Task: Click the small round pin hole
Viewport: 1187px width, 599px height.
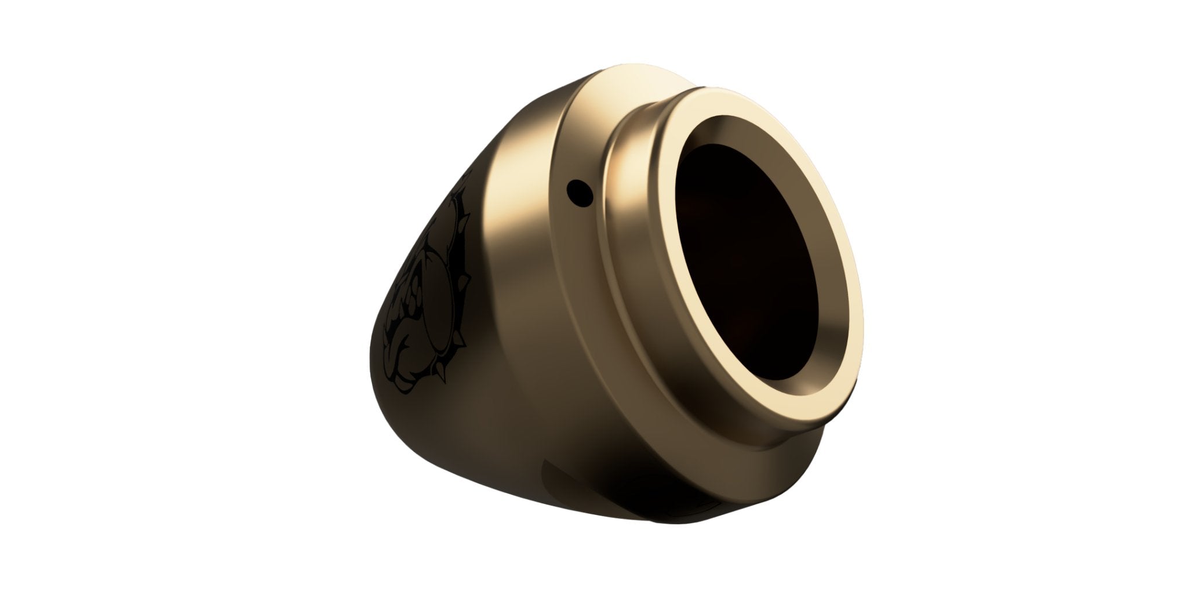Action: (x=577, y=188)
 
